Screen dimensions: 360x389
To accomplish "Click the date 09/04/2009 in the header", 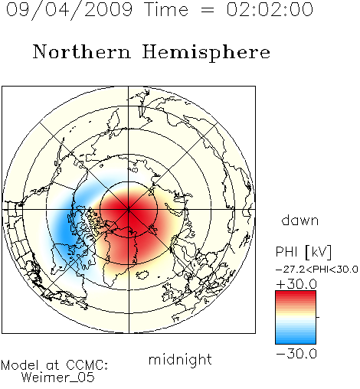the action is coord(70,10).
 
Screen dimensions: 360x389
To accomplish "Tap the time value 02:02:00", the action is coord(270,10).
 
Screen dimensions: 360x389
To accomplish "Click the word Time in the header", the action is coord(166,10).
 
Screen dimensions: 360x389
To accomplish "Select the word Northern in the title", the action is coord(82,52).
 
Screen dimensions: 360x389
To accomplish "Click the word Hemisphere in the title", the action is coord(206,53).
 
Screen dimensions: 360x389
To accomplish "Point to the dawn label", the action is coord(300,220).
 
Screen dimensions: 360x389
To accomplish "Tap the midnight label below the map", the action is coord(180,359).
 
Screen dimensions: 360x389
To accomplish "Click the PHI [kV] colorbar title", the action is coord(303,252).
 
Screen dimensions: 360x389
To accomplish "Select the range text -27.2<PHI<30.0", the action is coord(317,270).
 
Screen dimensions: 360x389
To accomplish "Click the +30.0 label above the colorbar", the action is coord(296,284).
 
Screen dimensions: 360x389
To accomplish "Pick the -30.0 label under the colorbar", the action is coord(296,354).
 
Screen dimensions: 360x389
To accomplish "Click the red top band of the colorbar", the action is coord(296,294).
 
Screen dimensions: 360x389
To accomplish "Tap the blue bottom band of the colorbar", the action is coord(296,340).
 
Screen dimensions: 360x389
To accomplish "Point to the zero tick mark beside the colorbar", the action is coord(318,317).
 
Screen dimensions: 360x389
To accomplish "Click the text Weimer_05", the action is coord(58,378).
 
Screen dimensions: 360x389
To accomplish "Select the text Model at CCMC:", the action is coord(54,365).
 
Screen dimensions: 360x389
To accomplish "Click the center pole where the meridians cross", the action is coord(129,210).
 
